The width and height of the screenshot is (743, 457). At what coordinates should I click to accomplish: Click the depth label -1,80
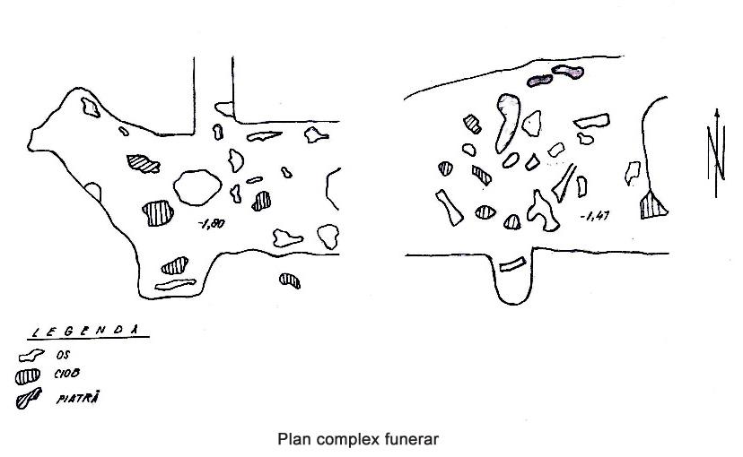click(214, 223)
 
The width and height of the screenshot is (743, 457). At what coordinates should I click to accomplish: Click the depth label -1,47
click(593, 216)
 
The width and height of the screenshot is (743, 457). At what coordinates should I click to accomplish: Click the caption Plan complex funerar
click(359, 439)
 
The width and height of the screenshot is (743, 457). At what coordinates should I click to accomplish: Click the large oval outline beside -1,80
click(197, 186)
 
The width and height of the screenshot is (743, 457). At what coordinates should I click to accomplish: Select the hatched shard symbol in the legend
click(28, 375)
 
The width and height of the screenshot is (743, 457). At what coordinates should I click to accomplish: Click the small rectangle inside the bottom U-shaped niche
click(511, 264)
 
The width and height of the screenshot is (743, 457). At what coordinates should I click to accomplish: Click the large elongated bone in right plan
click(506, 122)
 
